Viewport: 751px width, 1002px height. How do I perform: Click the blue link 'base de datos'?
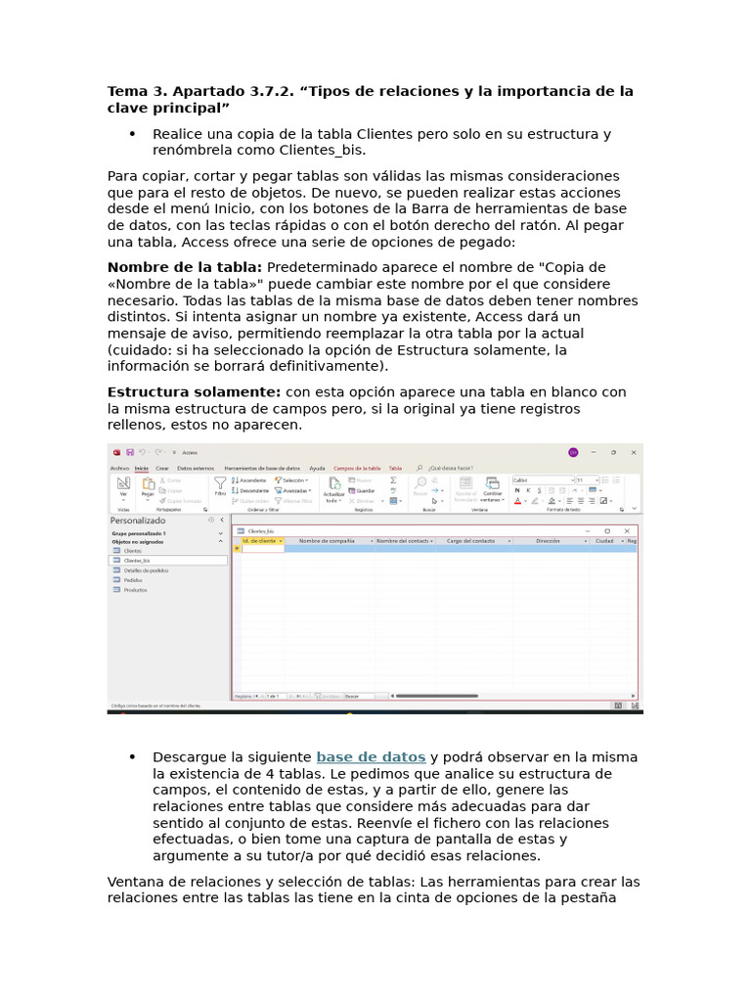[371, 757]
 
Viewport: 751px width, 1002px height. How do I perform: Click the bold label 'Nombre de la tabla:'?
[185, 267]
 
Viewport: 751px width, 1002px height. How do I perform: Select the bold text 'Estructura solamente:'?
[194, 392]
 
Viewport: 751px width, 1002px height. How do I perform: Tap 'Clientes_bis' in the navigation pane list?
[137, 561]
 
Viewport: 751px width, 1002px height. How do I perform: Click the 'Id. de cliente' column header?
[260, 540]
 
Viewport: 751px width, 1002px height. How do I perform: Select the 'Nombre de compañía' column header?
[327, 540]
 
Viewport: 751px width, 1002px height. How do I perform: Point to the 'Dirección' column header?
[548, 540]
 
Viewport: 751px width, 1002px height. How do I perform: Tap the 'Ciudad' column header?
[604, 540]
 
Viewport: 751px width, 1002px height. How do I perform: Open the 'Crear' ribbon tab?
[162, 469]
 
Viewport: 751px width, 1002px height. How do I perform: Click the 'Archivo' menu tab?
[119, 469]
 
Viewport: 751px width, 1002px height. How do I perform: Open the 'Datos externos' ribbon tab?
[196, 469]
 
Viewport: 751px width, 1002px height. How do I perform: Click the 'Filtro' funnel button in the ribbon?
[220, 485]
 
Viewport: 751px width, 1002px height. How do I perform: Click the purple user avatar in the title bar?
[573, 452]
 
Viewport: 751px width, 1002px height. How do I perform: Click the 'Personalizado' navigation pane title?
[138, 521]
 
